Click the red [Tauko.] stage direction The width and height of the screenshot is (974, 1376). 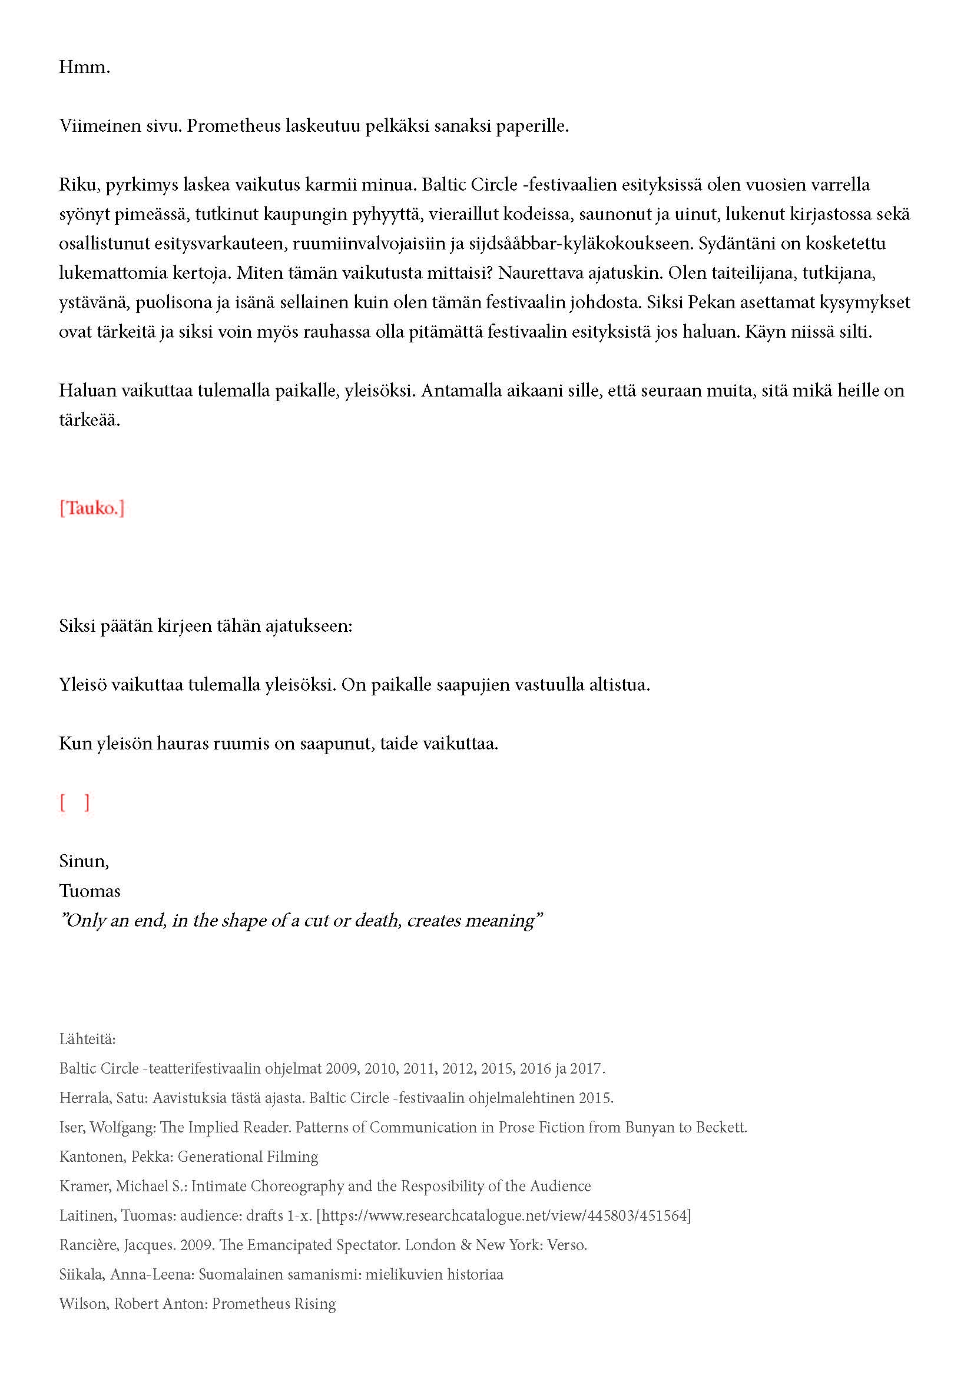click(92, 508)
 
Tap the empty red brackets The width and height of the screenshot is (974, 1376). click(74, 802)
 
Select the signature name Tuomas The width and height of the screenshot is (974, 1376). click(90, 891)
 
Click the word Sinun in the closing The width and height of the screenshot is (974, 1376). click(83, 861)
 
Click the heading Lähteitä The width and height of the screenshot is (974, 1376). click(87, 1038)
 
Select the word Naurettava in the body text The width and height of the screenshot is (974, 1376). click(539, 273)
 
